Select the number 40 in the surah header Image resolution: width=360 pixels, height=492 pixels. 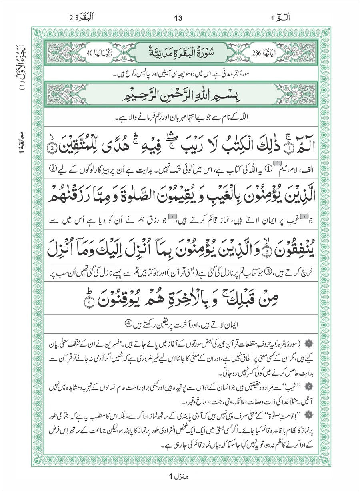tap(89, 52)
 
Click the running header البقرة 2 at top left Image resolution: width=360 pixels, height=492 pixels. tap(82, 18)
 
